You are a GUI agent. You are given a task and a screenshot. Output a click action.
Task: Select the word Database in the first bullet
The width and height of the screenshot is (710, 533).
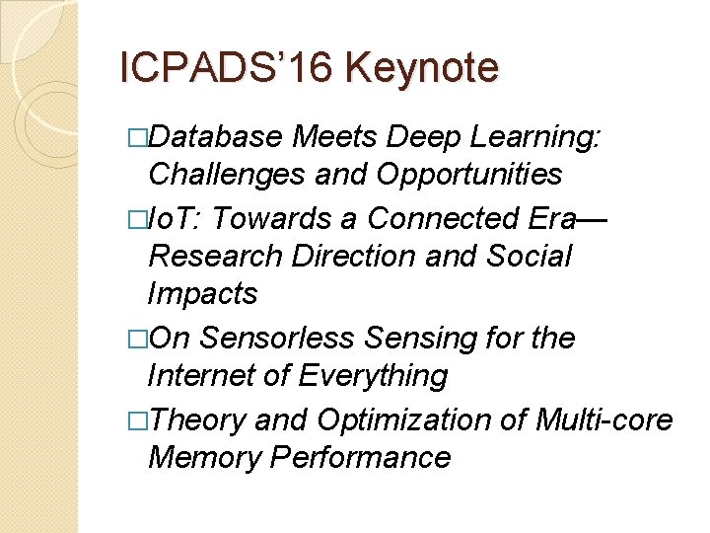pyautogui.click(x=212, y=137)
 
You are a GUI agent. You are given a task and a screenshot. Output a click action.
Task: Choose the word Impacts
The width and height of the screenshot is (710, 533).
pyautogui.click(x=202, y=293)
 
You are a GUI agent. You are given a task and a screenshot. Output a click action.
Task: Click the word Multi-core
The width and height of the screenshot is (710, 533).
pyautogui.click(x=603, y=420)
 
